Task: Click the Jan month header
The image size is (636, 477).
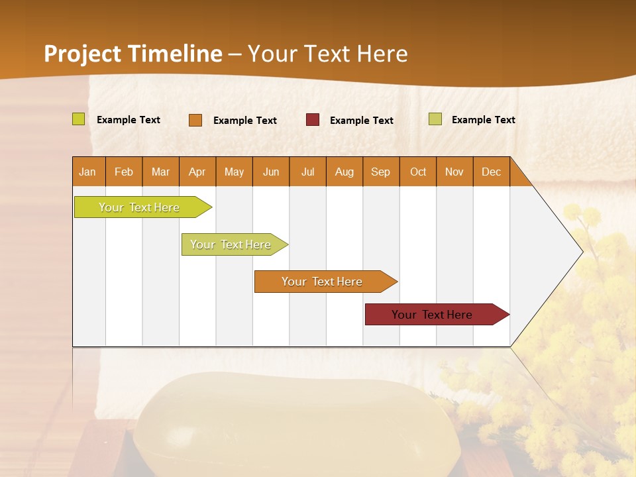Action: (88, 172)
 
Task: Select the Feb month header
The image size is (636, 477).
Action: (124, 172)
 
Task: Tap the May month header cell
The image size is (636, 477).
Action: (234, 172)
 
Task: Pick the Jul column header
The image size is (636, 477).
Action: (307, 172)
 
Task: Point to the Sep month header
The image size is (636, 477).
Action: (380, 172)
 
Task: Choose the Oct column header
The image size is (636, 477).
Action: (418, 172)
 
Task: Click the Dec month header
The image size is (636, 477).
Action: (491, 172)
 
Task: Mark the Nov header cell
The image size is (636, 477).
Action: (454, 172)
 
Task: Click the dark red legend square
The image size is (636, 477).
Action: (313, 120)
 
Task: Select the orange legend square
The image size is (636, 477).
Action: (195, 120)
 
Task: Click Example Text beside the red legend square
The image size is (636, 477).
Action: (362, 121)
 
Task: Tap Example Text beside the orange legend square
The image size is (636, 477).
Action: (245, 121)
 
